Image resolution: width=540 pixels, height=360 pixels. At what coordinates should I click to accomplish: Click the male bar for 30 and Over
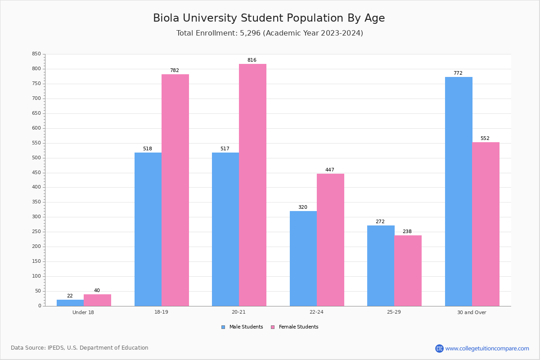(x=459, y=191)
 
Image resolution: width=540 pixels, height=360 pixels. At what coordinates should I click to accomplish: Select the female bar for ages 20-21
(x=252, y=184)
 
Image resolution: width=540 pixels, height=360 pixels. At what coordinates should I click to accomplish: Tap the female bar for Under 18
(x=97, y=300)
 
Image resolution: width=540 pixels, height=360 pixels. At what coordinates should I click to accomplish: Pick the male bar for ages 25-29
(x=381, y=265)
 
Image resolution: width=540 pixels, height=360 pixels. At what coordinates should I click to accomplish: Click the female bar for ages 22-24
(x=330, y=239)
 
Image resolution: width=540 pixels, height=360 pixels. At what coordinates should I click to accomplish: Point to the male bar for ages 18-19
(x=148, y=229)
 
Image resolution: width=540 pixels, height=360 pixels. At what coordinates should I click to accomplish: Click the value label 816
(x=252, y=60)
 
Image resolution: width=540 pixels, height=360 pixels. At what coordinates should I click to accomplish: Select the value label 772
(x=458, y=73)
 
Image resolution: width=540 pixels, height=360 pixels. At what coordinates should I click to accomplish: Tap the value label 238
(x=407, y=231)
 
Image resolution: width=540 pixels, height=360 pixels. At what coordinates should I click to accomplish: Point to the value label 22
(x=70, y=296)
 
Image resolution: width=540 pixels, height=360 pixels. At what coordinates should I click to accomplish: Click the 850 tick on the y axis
(x=36, y=54)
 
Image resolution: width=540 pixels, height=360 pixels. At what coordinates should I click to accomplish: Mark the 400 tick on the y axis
(x=36, y=187)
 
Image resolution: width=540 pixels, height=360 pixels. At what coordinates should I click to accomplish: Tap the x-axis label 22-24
(x=316, y=312)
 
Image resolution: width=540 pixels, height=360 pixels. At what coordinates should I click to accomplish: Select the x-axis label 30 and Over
(x=472, y=312)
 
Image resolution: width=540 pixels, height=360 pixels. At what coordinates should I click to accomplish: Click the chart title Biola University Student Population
(x=269, y=18)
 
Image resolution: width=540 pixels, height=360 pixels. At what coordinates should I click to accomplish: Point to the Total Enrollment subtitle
(x=270, y=33)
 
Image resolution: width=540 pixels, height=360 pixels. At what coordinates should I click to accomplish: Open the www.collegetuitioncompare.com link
(x=487, y=348)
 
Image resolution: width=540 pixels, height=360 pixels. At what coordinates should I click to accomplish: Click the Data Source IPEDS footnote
(x=80, y=348)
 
